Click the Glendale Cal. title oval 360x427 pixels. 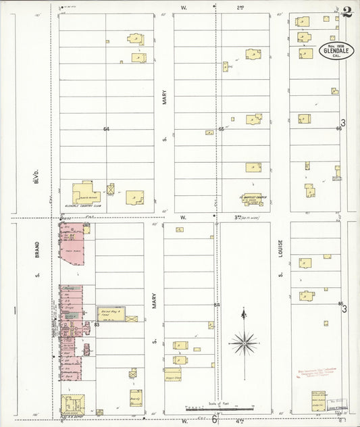336,52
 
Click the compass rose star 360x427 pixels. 242,343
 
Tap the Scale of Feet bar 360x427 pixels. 220,409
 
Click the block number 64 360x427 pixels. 106,128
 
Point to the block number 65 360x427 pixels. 221,128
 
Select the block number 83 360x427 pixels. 97,325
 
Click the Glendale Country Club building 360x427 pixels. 86,193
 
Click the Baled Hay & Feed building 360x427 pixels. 109,313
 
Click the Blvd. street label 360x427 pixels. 38,178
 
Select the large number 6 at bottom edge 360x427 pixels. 215,419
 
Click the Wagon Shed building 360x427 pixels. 173,373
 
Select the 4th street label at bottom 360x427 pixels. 240,420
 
